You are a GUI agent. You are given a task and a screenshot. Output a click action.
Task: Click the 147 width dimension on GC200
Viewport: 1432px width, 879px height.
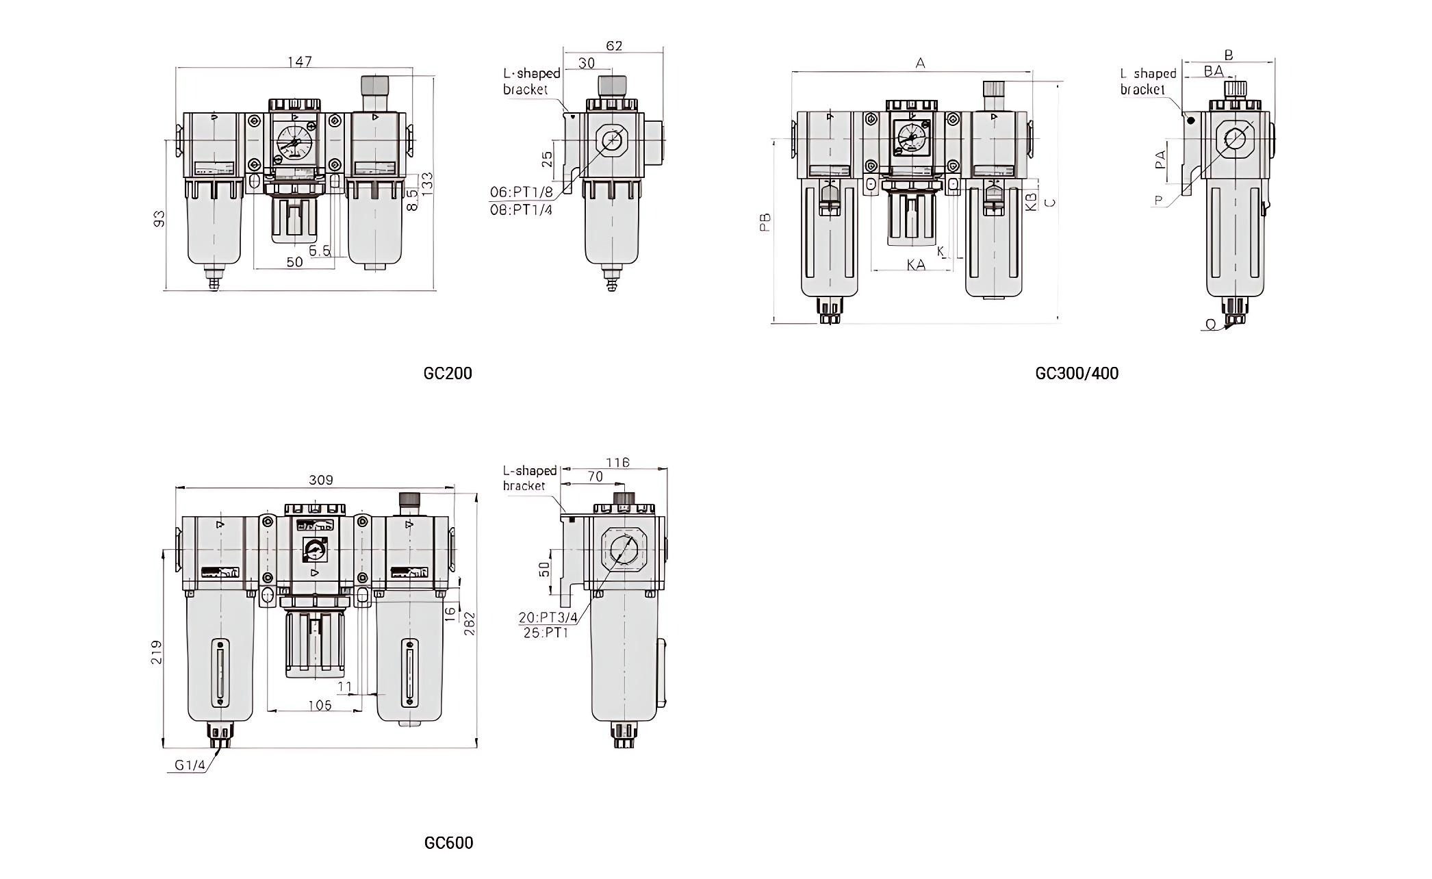(x=299, y=62)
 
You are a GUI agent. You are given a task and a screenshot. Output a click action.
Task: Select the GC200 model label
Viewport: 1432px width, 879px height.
(x=448, y=373)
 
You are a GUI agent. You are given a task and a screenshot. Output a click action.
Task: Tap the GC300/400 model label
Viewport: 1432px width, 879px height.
(x=1077, y=373)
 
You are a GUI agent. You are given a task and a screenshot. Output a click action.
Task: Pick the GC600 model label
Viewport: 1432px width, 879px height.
(x=448, y=843)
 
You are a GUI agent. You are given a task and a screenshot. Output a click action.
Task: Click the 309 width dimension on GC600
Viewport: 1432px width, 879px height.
(x=320, y=480)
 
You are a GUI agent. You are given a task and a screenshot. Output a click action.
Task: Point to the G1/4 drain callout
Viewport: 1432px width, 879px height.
(x=190, y=765)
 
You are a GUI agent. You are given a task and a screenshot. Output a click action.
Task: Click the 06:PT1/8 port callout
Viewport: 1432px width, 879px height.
(x=521, y=192)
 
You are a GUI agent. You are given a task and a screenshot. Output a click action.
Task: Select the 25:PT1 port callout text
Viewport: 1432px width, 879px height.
(x=546, y=633)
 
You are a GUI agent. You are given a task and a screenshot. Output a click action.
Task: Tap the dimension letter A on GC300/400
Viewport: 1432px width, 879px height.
(x=921, y=64)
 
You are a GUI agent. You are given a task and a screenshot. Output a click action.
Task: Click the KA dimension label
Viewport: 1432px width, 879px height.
(x=916, y=264)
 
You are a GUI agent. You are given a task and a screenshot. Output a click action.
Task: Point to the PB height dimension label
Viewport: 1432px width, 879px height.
(x=765, y=222)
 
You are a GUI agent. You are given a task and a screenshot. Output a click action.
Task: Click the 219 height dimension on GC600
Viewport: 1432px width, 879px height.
(x=157, y=652)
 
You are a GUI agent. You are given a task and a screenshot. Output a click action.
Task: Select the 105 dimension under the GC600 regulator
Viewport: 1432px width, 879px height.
(x=319, y=705)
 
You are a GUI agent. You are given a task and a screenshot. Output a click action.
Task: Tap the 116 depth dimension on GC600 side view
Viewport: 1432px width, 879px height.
(x=617, y=463)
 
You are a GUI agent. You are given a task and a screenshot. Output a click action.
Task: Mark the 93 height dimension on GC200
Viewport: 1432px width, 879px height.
(x=159, y=219)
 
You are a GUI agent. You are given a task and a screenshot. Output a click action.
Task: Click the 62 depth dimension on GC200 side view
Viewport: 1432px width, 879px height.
(x=614, y=46)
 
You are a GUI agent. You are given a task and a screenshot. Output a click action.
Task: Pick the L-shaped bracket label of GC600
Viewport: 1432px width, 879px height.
(x=529, y=478)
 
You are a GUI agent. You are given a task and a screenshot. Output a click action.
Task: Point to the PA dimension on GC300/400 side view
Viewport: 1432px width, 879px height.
(x=1160, y=161)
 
